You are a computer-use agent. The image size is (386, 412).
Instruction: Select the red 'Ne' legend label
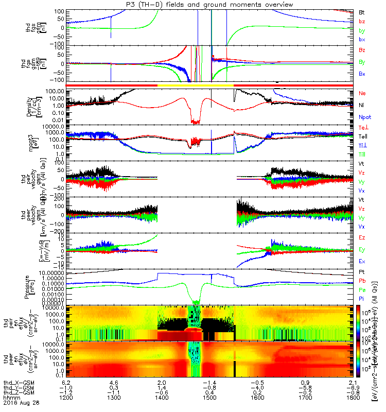pos(362,93)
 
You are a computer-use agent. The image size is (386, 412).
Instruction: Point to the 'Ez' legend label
pos(362,237)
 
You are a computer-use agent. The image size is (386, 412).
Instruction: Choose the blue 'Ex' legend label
pos(362,261)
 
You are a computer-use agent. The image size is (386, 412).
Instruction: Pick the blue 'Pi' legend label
pos(362,298)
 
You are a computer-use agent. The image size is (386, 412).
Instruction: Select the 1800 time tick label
pos(352,397)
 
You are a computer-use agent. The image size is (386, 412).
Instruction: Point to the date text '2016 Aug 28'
pos(19,403)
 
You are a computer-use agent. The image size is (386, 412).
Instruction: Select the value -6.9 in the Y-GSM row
pos(350,387)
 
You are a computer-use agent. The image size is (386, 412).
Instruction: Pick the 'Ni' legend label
pos(362,105)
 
